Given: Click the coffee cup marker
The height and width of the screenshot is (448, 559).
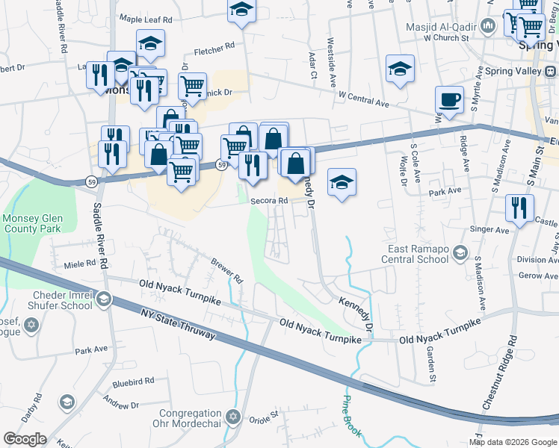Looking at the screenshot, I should pyautogui.click(x=449, y=100).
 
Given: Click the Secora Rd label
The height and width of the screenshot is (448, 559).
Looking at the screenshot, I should pyautogui.click(x=269, y=201).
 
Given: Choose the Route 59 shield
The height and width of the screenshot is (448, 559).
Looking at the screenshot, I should pyautogui.click(x=222, y=164).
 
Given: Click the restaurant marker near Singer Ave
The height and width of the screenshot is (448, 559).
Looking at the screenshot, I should pyautogui.click(x=519, y=207).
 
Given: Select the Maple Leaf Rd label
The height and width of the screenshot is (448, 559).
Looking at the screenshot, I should pyautogui.click(x=146, y=19).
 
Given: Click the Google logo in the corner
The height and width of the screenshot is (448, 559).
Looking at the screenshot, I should pyautogui.click(x=25, y=439).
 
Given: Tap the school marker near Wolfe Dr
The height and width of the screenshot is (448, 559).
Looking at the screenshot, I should pyautogui.click(x=400, y=69).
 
